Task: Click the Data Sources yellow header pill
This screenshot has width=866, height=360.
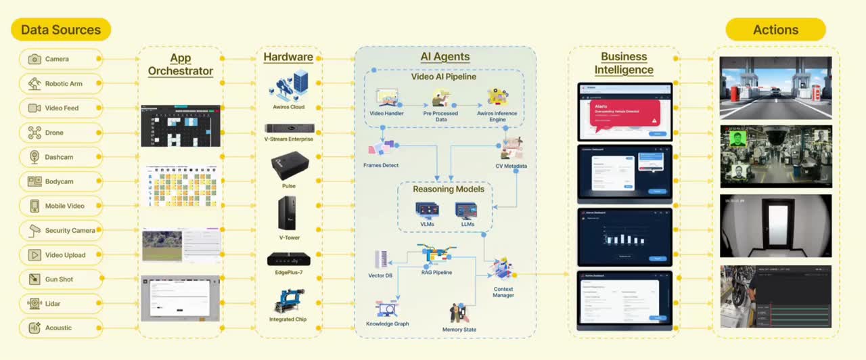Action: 61,30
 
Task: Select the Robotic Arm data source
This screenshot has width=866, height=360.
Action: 61,84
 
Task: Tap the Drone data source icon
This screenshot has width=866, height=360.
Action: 35,133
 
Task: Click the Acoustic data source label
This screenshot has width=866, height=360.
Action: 58,328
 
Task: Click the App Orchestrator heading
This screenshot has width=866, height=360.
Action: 181,64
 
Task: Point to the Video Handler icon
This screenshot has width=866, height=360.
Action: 387,99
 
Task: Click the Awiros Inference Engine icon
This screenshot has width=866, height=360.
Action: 497,97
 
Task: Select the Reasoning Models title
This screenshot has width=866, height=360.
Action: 449,189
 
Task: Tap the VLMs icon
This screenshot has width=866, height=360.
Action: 426,209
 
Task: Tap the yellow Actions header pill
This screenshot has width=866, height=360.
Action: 775,30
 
